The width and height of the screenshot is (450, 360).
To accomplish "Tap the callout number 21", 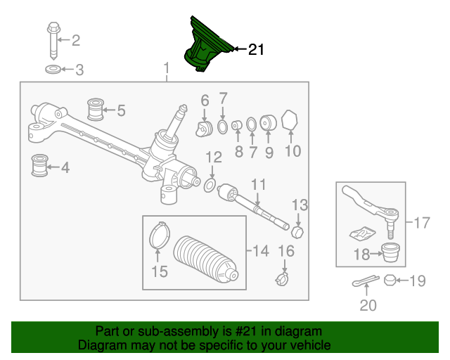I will tap(255, 49).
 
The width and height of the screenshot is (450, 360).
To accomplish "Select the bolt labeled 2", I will tap(54, 41).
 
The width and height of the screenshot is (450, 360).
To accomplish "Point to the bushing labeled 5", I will tap(95, 109).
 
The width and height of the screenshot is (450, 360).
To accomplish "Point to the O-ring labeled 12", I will tap(210, 185).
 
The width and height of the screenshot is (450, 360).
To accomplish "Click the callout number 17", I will tap(421, 224).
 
